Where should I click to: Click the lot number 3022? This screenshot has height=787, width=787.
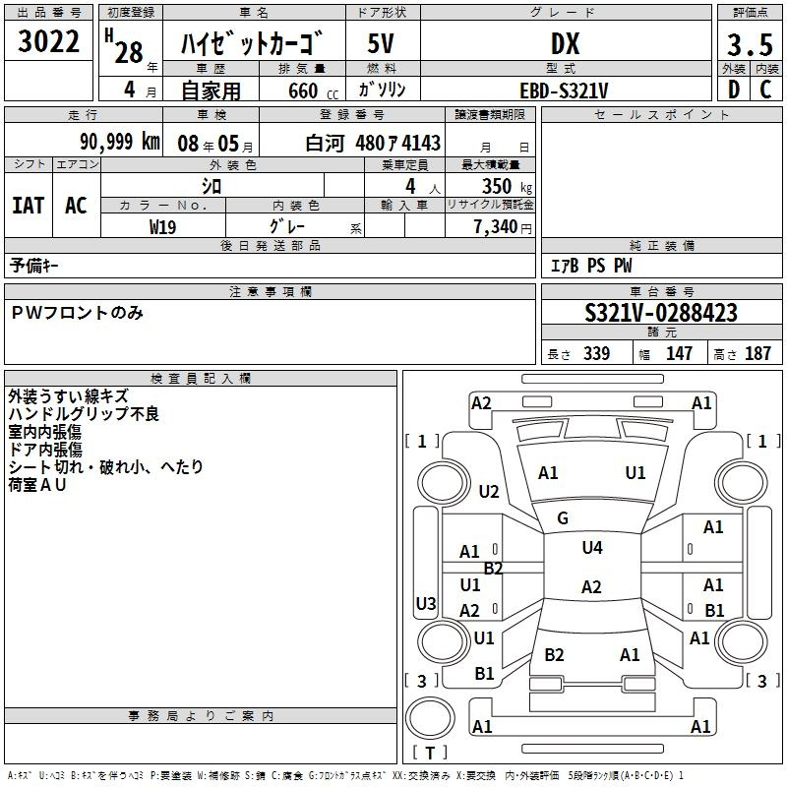[x=50, y=42]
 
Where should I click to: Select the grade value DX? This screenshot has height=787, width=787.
[x=565, y=44]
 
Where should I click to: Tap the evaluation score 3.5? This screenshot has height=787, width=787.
[x=749, y=45]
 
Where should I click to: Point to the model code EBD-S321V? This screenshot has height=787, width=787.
[x=564, y=91]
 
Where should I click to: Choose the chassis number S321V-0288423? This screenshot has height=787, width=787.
[x=660, y=314]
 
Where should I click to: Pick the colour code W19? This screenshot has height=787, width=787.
[x=162, y=226]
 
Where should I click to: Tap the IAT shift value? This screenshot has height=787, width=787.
[x=29, y=205]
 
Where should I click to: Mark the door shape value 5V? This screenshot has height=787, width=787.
[x=382, y=44]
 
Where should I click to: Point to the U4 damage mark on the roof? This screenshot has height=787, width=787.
[x=591, y=548]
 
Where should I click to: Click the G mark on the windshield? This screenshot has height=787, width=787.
[x=563, y=517]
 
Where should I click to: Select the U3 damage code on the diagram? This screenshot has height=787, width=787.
[x=426, y=603]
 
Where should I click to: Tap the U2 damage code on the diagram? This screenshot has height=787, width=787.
[x=489, y=492]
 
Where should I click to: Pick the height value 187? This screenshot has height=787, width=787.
[x=757, y=354]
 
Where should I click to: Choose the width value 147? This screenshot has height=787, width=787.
[x=679, y=354]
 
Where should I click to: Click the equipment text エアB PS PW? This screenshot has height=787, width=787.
[x=590, y=266]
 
